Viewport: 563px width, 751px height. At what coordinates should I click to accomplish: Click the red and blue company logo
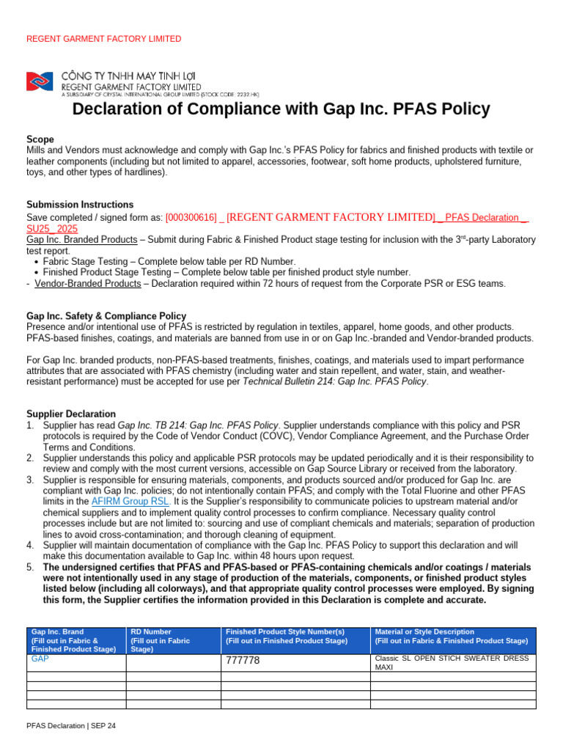(40, 81)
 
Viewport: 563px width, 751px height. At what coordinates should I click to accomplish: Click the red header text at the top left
(103, 39)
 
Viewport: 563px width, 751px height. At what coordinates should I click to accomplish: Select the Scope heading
(40, 139)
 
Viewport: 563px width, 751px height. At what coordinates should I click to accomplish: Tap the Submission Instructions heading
(80, 205)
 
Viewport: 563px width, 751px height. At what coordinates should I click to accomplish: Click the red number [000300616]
(191, 218)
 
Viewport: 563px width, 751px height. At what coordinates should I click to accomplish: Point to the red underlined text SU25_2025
(52, 229)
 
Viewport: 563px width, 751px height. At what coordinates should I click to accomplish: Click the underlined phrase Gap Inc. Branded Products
(81, 240)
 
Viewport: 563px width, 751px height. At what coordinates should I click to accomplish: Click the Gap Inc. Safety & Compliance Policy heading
(106, 316)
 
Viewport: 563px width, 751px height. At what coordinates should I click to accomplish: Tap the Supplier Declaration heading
(71, 414)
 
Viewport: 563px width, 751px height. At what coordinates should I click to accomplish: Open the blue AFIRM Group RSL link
(130, 501)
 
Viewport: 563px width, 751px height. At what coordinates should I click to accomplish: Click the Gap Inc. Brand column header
(76, 640)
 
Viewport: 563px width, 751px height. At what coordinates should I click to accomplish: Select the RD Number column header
(173, 640)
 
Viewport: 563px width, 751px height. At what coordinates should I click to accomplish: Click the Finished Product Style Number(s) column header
(295, 636)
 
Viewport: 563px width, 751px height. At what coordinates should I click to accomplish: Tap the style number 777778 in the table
(243, 661)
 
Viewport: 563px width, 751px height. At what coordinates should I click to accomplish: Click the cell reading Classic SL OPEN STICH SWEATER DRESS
(451, 659)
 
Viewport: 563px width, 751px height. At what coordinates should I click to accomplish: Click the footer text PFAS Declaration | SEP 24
(71, 725)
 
